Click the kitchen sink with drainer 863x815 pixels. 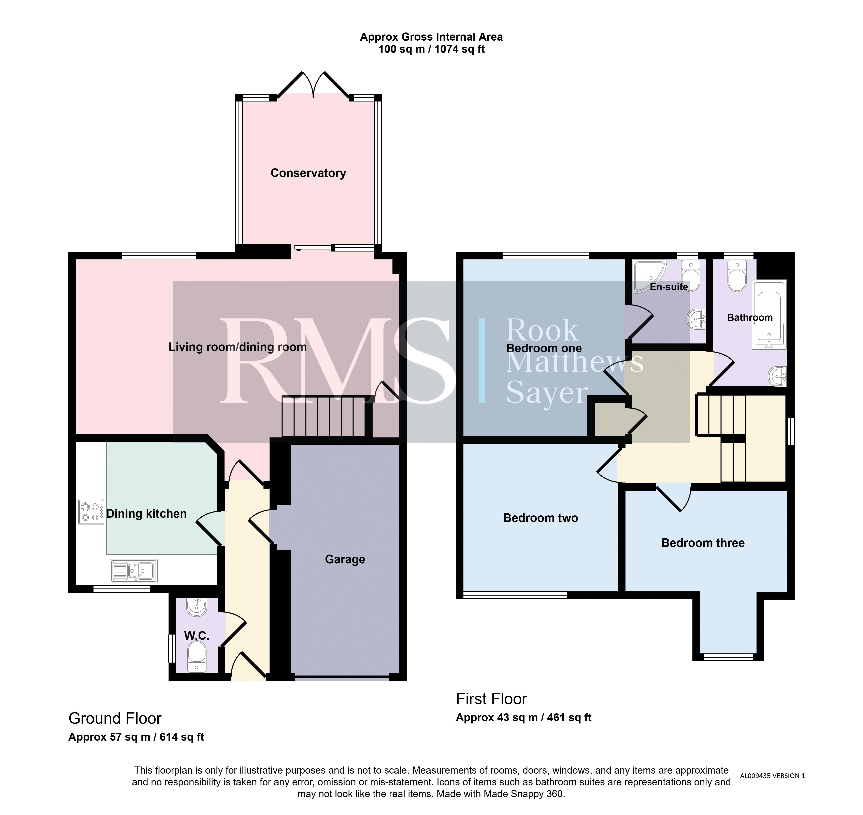[133, 570]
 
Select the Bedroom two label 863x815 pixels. [541, 518]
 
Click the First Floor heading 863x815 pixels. [491, 699]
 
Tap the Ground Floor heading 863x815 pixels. [115, 719]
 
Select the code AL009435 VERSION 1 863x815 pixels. [772, 775]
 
